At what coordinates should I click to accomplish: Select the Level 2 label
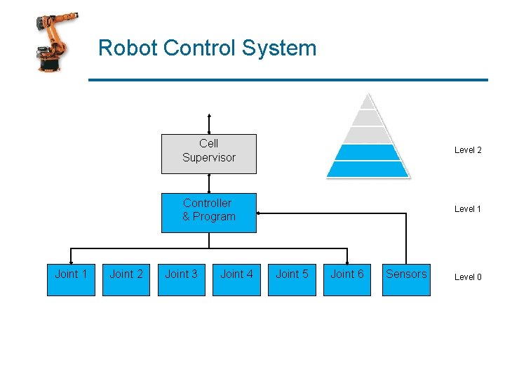pos(468,150)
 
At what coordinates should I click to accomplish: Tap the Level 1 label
pos(468,209)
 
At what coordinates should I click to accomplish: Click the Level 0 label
pos(468,277)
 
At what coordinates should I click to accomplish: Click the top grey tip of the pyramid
pos(366,102)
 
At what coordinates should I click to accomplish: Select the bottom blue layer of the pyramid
pos(366,169)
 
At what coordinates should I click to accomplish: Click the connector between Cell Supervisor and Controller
pos(209,183)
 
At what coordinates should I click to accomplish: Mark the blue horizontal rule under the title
pos(288,80)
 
